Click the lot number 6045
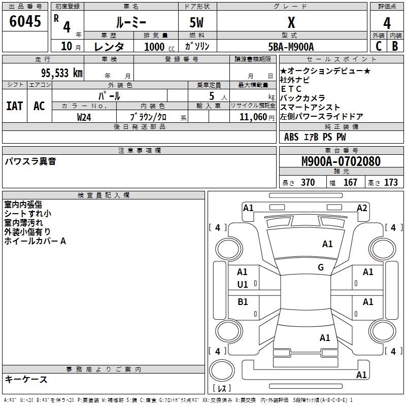pos(25,21)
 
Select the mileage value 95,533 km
pos(62,73)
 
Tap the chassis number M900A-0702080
pos(341,161)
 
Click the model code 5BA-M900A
pos(291,47)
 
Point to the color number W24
pos(84,117)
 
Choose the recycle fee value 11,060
pos(253,117)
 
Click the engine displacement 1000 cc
pos(159,47)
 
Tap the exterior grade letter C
pos(379,46)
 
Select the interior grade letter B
pos(395,46)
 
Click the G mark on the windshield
pos(321,267)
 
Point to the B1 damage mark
pos(243,301)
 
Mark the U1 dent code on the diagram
pos(243,285)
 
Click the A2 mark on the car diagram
pos(362,208)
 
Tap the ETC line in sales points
pos(291,89)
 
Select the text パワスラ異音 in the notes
pos(30,161)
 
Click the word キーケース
pos(26,379)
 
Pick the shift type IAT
pos(15,106)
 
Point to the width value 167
pos(350,182)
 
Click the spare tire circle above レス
pos(222,370)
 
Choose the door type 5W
pos(196,22)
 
